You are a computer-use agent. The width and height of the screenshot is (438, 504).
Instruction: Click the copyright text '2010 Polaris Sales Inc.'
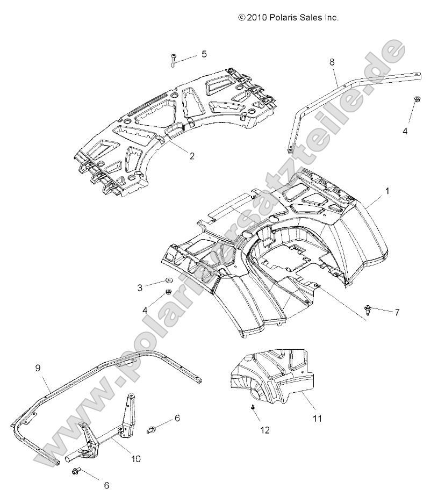[x=288, y=18]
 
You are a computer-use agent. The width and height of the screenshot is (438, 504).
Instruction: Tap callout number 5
[x=204, y=54]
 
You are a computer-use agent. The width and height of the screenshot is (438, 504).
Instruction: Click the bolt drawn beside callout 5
[x=174, y=60]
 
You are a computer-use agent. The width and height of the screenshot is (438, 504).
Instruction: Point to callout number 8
[x=332, y=62]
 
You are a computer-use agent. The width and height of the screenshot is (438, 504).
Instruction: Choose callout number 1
[x=387, y=190]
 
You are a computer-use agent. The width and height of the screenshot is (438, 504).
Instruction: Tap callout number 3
[x=140, y=288]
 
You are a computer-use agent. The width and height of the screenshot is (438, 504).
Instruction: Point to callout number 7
[x=397, y=312]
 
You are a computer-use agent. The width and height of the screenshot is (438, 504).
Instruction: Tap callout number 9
[x=38, y=368]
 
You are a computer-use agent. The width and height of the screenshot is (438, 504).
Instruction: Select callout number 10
[x=135, y=458]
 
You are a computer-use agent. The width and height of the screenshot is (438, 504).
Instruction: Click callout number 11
[x=318, y=417]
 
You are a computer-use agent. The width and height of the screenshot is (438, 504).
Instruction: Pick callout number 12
[x=264, y=430]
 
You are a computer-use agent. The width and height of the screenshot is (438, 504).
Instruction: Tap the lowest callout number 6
[x=106, y=485]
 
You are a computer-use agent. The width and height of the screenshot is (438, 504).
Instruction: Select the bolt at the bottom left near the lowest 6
[x=75, y=471]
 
